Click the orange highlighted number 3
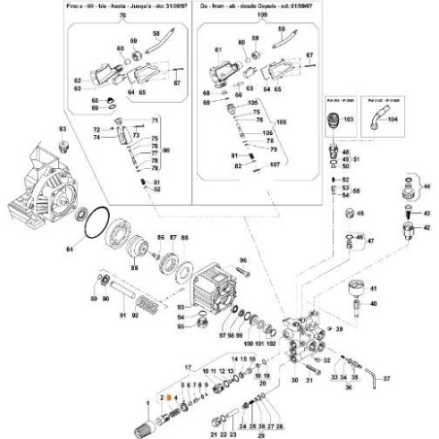point(166,399)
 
